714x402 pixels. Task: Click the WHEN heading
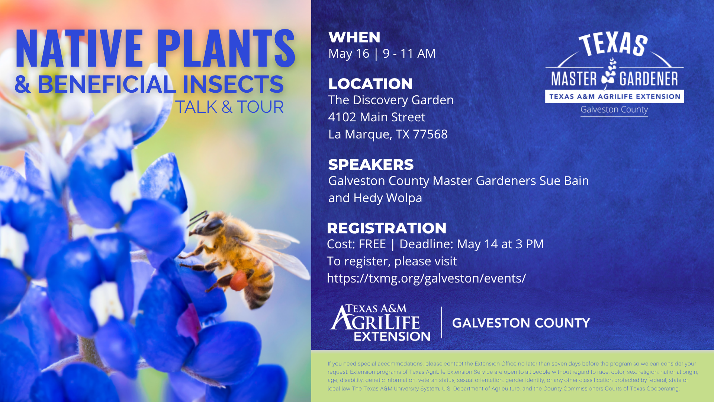(354, 37)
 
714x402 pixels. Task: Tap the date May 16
(349, 54)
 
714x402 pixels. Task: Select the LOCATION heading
(370, 84)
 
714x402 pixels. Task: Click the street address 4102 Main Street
(377, 117)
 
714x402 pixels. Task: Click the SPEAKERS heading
(371, 165)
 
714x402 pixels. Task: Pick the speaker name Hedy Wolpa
(388, 198)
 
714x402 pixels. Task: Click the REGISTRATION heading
(387, 228)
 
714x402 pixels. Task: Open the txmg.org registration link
(427, 278)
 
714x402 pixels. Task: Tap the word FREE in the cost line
(372, 244)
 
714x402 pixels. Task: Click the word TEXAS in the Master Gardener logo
(613, 44)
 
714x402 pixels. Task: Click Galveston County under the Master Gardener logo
(614, 110)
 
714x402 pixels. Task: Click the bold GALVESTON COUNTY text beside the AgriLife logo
(521, 323)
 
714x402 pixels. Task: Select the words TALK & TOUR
(229, 107)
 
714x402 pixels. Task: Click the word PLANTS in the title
(226, 48)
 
